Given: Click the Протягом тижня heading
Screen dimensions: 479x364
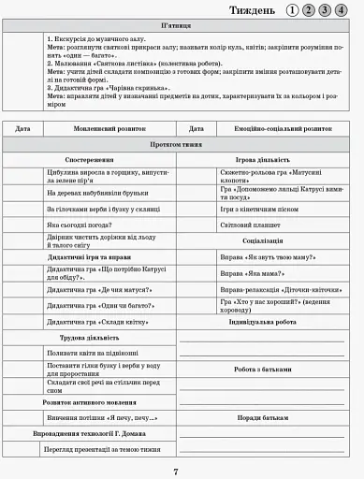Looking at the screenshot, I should pos(180,146).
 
